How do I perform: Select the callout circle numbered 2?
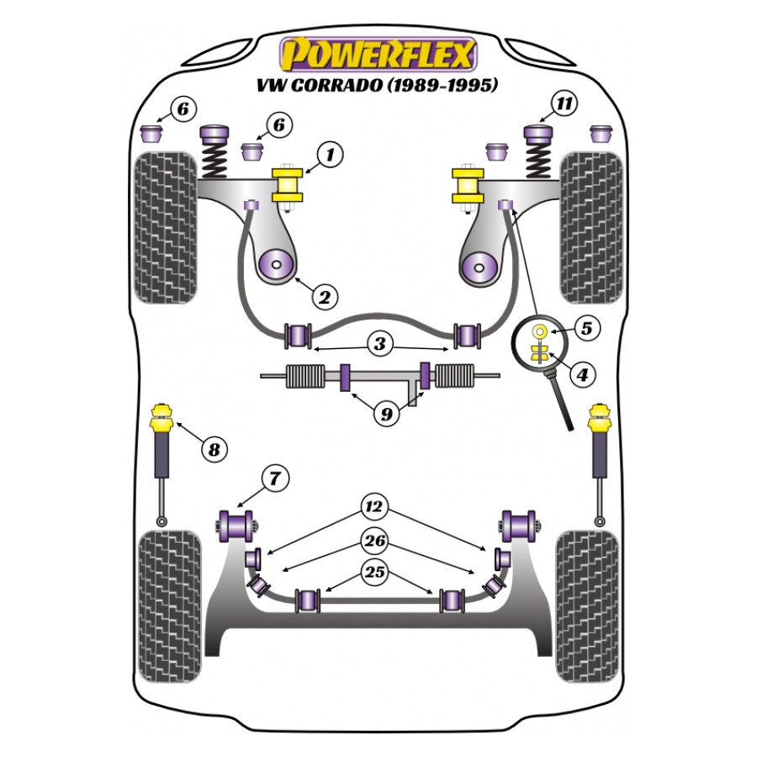pos(325,295)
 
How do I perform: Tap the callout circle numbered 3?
pos(380,343)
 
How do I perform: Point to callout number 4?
pos(580,376)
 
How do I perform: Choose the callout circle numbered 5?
pos(585,328)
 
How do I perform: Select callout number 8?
pos(214,450)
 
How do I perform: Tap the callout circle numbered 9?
pos(386,413)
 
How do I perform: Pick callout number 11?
pos(565,104)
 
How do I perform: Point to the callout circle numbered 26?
pos(374,540)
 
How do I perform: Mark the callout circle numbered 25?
pos(374,573)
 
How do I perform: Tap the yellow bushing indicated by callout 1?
pos(289,187)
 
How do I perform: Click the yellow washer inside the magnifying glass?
pos(539,329)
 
